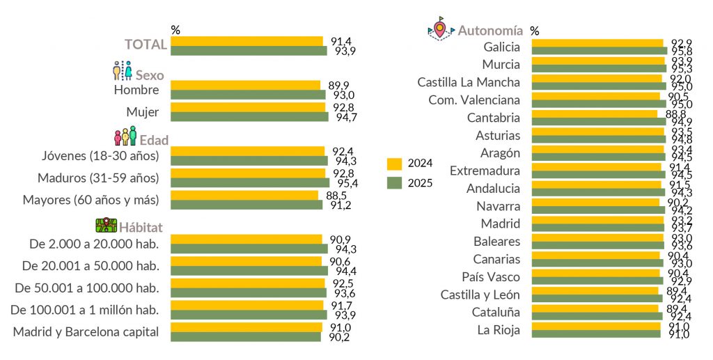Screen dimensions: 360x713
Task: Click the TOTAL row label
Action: (x=146, y=45)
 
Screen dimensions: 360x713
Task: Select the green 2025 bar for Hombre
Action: (x=248, y=95)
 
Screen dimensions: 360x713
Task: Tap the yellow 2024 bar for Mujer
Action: (x=248, y=107)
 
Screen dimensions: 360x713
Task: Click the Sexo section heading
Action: (x=150, y=75)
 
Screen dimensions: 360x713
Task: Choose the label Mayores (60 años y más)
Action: (x=91, y=200)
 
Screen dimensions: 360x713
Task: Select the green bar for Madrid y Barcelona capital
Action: (x=246, y=337)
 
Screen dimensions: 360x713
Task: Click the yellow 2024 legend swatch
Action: (x=395, y=164)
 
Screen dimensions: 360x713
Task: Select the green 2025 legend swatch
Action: (x=395, y=183)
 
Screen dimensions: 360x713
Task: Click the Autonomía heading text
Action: (x=490, y=31)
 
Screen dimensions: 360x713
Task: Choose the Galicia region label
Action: (x=501, y=47)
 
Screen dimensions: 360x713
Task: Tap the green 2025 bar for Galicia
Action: (x=599, y=51)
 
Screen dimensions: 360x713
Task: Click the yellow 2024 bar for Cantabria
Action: (x=594, y=114)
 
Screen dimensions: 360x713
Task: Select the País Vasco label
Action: (x=491, y=276)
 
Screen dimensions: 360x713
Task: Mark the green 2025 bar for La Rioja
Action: (x=595, y=334)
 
